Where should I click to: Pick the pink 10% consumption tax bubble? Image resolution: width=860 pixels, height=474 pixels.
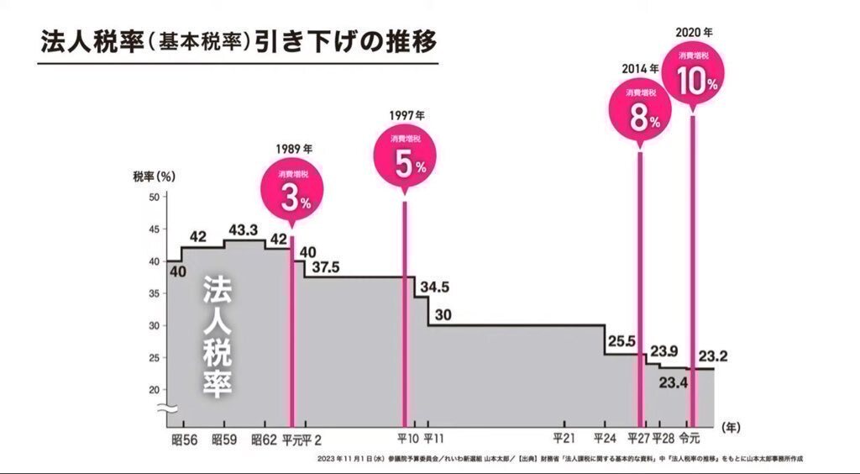(x=695, y=77)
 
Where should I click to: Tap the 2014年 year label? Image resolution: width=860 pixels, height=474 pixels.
(x=640, y=68)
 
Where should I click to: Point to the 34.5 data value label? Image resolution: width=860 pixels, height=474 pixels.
(x=435, y=287)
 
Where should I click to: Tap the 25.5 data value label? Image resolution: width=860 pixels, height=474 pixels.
(x=621, y=341)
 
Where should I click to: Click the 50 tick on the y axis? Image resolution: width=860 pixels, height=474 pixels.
(x=154, y=197)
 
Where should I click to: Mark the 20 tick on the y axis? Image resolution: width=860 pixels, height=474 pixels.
(x=154, y=389)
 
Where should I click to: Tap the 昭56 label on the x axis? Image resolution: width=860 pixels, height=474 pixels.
(x=184, y=439)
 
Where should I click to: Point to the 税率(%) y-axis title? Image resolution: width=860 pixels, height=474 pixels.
(x=153, y=176)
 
